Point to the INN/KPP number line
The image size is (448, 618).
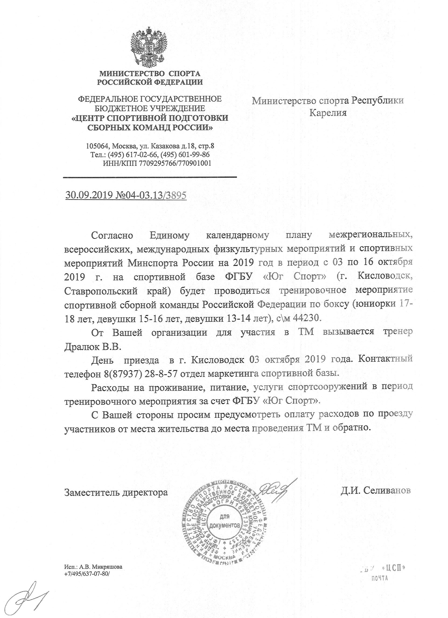[157, 163]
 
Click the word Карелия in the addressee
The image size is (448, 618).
[328, 113]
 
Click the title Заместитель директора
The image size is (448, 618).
[116, 492]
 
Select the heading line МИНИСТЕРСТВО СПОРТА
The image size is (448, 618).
[150, 73]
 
